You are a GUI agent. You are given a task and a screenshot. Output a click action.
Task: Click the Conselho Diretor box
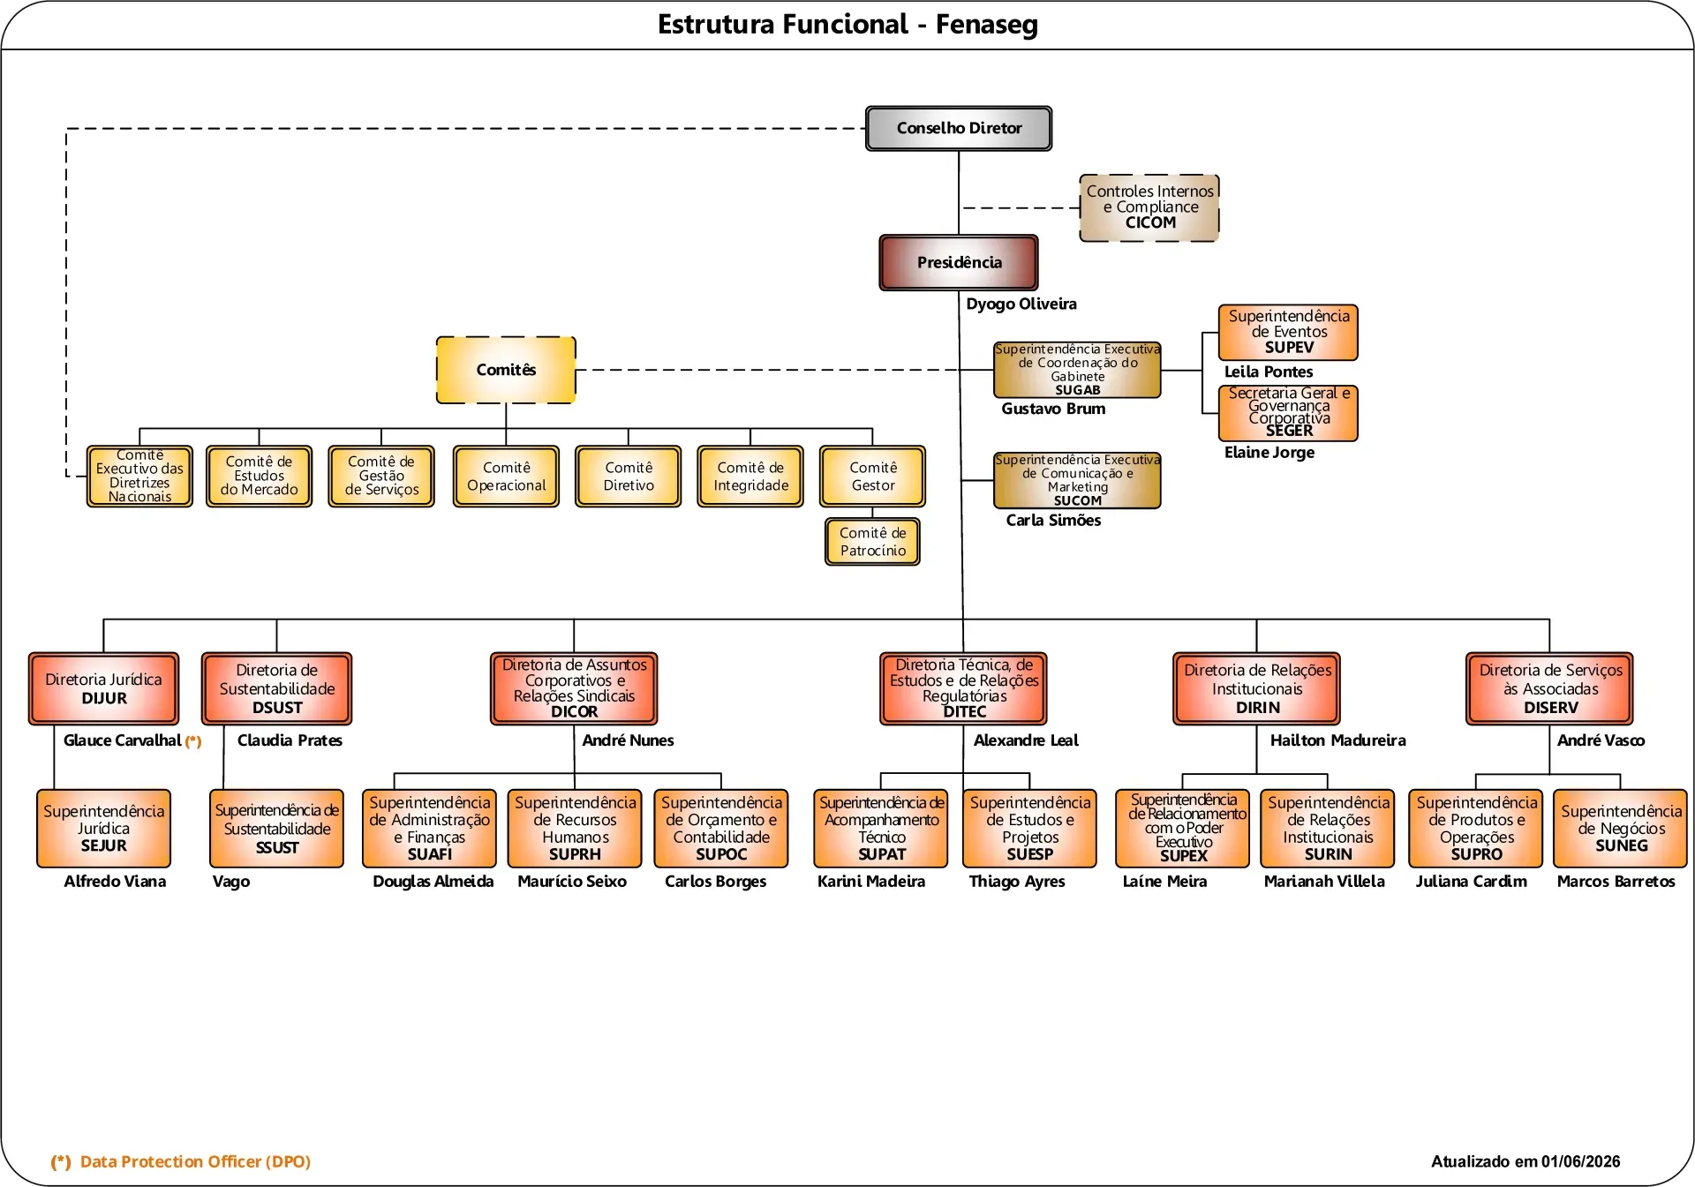pos(959,129)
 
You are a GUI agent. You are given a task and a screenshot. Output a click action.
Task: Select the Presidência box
pos(959,262)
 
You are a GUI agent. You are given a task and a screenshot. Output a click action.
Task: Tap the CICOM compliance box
pos(1149,207)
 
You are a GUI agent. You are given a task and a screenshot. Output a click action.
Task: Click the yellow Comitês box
pos(506,370)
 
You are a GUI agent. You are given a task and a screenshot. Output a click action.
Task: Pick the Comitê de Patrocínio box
pos(872,541)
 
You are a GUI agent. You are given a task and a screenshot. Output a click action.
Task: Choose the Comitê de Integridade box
pos(750,477)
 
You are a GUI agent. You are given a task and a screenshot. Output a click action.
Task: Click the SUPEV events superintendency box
pos(1288,332)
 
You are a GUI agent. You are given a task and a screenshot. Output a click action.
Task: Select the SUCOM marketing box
pos(1077,480)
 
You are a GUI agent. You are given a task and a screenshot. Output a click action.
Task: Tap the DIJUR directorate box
pos(104,688)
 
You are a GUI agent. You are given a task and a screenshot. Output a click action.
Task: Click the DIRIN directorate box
pos(1257,688)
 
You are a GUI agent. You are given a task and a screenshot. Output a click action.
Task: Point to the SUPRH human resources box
pos(575,828)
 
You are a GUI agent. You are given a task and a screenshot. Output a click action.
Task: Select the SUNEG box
pos(1621,828)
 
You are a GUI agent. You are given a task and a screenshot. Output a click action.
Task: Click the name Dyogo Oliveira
pos(1021,304)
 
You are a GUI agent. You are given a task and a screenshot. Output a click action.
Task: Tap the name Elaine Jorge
pos(1269,452)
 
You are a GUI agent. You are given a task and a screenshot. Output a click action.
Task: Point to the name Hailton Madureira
pos(1337,740)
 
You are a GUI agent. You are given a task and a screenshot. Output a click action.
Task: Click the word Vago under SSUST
pos(231,882)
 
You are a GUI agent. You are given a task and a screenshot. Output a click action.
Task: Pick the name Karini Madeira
pos(871,882)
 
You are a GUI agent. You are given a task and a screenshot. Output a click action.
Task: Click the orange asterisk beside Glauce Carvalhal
pos(193,741)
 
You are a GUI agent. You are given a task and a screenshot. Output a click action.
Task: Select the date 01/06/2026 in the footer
pos(1579,1161)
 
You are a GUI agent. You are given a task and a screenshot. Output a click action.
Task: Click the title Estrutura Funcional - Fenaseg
pos(847,25)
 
